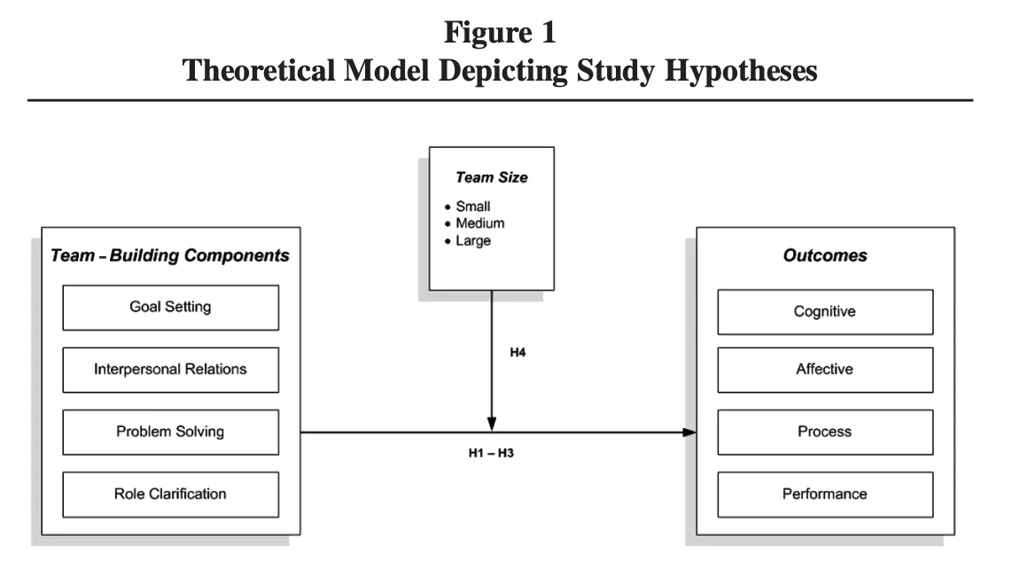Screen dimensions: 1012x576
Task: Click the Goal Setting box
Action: click(x=170, y=307)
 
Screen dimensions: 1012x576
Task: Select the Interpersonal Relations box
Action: click(x=170, y=370)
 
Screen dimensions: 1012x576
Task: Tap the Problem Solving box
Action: click(x=170, y=432)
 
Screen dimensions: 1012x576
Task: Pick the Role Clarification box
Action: click(x=170, y=494)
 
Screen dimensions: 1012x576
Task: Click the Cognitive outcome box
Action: click(x=825, y=312)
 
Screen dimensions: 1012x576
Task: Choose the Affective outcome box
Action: click(x=825, y=370)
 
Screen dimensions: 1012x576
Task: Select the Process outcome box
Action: click(x=825, y=432)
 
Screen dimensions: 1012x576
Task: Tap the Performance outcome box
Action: click(x=825, y=494)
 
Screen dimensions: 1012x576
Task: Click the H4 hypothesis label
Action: click(x=518, y=352)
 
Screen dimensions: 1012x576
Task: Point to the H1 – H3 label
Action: click(x=491, y=453)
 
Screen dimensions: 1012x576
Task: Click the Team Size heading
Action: click(x=492, y=177)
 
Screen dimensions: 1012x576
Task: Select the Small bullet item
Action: click(x=467, y=206)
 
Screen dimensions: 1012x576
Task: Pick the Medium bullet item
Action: click(x=474, y=222)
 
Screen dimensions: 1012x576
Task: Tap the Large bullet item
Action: click(x=467, y=240)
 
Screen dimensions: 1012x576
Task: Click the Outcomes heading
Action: click(x=825, y=255)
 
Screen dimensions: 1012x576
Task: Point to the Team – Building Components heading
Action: click(x=170, y=256)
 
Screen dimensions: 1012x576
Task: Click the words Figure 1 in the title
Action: click(x=500, y=32)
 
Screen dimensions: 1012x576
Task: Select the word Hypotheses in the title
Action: click(x=741, y=71)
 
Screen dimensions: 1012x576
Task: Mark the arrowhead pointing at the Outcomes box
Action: click(x=689, y=432)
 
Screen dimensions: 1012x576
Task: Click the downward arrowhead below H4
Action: click(x=492, y=424)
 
